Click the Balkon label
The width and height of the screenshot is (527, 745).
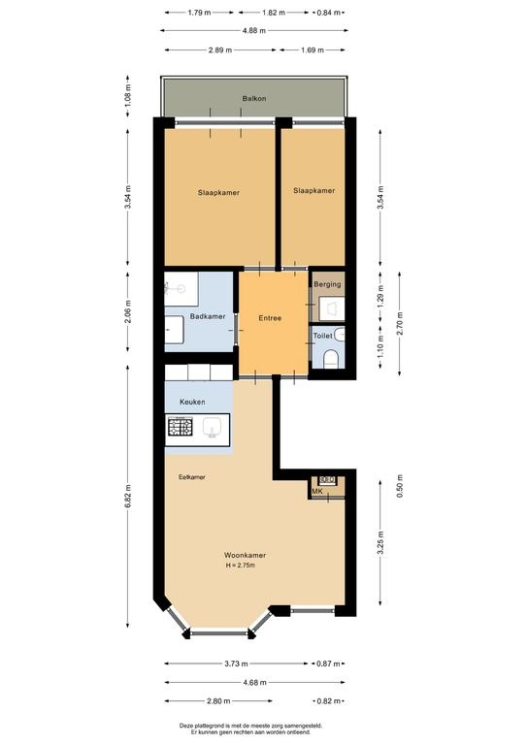click(x=254, y=99)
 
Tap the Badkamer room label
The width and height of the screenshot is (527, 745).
click(x=208, y=316)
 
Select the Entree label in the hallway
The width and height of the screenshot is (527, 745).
click(x=270, y=318)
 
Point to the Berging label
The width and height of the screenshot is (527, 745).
click(x=327, y=284)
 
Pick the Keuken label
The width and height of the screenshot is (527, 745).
click(x=192, y=402)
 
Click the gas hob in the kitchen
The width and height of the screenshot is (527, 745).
click(x=181, y=426)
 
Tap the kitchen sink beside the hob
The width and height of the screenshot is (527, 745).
click(x=212, y=428)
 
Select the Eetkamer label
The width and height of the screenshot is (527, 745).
click(x=192, y=477)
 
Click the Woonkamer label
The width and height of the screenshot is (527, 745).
click(x=245, y=556)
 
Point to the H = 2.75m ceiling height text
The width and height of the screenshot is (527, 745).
click(x=241, y=566)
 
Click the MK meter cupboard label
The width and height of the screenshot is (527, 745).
click(x=317, y=491)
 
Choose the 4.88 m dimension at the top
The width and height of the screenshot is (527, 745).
click(x=254, y=31)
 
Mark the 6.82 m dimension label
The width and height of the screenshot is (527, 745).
click(x=127, y=497)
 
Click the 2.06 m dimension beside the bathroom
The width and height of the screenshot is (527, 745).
click(x=127, y=311)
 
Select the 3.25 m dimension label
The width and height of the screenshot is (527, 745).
click(x=380, y=542)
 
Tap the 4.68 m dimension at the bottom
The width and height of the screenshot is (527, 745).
click(x=254, y=683)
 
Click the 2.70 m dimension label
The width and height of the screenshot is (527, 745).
click(x=400, y=324)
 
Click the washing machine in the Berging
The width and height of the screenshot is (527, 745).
click(x=331, y=308)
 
